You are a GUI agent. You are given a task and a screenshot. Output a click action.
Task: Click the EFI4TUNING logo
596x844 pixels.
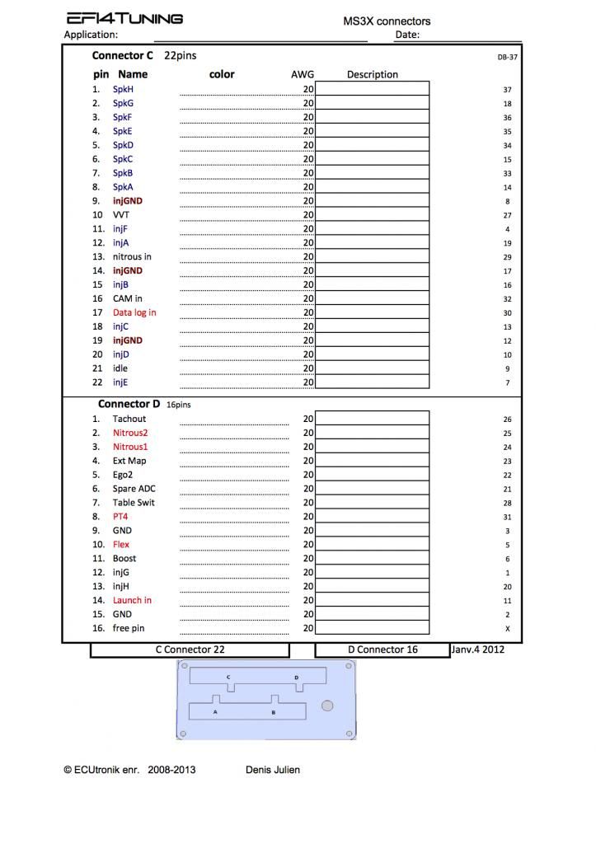[x=124, y=18]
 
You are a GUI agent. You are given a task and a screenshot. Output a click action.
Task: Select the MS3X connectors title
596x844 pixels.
[x=387, y=21]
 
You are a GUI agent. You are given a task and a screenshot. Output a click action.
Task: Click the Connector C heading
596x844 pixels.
[x=122, y=56]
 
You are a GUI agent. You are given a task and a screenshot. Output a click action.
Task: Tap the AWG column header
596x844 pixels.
[x=303, y=74]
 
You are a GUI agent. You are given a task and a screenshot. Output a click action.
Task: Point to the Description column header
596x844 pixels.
[x=372, y=74]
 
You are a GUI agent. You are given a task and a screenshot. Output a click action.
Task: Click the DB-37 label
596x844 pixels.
[x=507, y=58]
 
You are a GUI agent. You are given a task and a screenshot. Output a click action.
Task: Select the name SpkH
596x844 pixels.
[x=123, y=89]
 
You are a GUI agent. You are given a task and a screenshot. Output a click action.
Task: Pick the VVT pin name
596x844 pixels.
[x=121, y=214]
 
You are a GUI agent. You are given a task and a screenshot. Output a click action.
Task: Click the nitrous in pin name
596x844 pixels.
[x=132, y=256]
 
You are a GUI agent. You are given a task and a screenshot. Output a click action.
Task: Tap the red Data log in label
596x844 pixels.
[x=134, y=312]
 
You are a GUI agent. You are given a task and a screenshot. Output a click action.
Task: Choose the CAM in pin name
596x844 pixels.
[x=128, y=298]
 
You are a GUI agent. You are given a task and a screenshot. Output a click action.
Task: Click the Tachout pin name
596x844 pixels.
[x=129, y=419]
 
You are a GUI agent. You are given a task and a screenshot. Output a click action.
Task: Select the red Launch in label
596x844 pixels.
[x=132, y=600]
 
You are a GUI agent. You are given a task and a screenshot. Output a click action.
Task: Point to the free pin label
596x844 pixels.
[x=129, y=628]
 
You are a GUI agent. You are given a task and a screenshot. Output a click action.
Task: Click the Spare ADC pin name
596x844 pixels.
[x=134, y=489]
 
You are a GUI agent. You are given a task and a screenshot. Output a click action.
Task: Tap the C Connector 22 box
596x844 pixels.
[x=190, y=649]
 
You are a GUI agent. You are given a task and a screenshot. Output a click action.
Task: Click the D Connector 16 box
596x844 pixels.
[x=382, y=649]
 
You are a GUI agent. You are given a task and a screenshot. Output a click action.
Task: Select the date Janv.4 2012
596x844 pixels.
[x=477, y=649]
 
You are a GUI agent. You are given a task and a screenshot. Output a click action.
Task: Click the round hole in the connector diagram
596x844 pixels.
[x=327, y=706]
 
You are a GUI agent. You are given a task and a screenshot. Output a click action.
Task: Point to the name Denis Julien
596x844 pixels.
[x=273, y=770]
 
